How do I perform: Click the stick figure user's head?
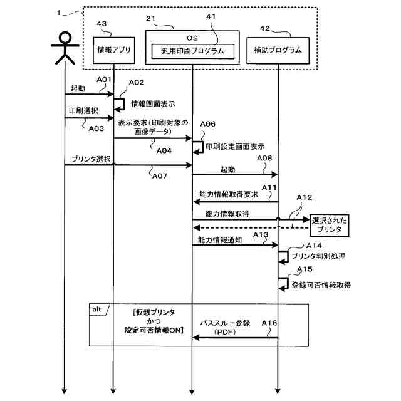pyautogui.click(x=65, y=38)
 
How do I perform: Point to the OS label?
pyautogui.click(x=192, y=38)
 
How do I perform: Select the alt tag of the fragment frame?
pyautogui.click(x=97, y=310)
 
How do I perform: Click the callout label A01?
pyautogui.click(x=104, y=80)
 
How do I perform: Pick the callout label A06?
pyautogui.click(x=207, y=124)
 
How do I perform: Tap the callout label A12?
pyautogui.click(x=305, y=197)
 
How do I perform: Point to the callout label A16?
pyautogui.click(x=269, y=323)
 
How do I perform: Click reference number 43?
pyautogui.click(x=102, y=24)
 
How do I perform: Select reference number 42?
pyautogui.click(x=265, y=28)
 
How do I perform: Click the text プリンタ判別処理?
pyautogui.click(x=319, y=256)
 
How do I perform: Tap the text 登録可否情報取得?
pyautogui.click(x=321, y=285)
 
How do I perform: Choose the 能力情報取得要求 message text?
pyautogui.click(x=229, y=195)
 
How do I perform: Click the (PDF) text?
pyautogui.click(x=225, y=332)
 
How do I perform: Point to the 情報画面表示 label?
pyautogui.click(x=153, y=104)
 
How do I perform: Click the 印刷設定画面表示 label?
pyautogui.click(x=235, y=147)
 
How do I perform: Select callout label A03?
pyautogui.click(x=96, y=128)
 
